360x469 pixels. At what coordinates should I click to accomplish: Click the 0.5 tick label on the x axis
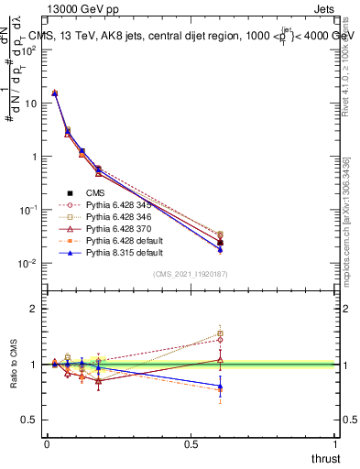(191, 444)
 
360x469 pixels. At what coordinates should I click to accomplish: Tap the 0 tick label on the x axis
(47, 444)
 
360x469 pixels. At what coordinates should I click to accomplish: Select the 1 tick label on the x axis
(335, 444)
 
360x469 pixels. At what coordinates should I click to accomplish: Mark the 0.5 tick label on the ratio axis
(27, 420)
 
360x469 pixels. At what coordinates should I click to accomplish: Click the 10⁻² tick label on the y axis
(27, 263)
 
